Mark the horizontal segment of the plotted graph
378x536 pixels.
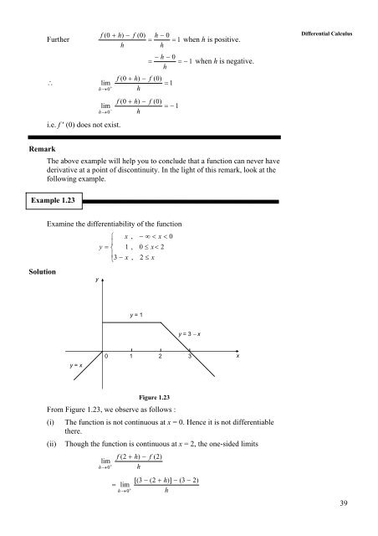[x=130, y=322]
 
